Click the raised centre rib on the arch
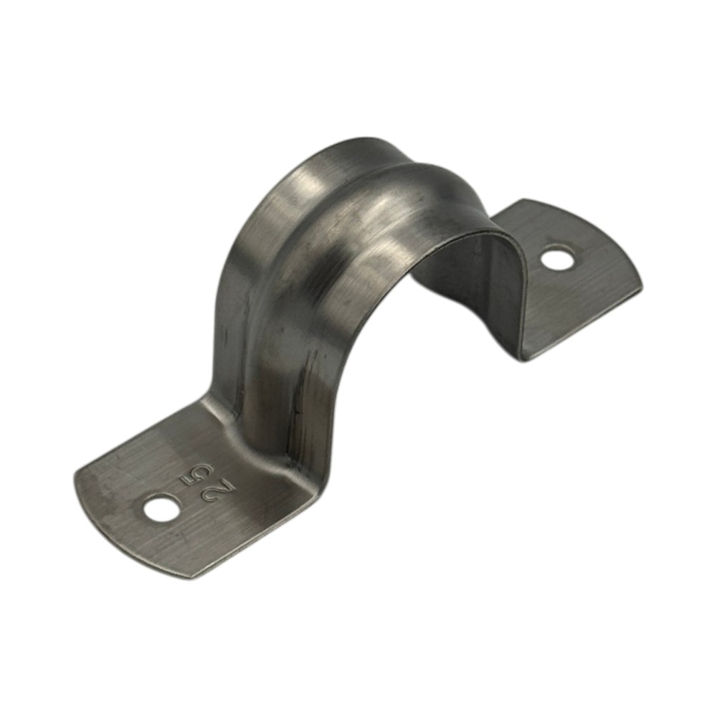[348, 238]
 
